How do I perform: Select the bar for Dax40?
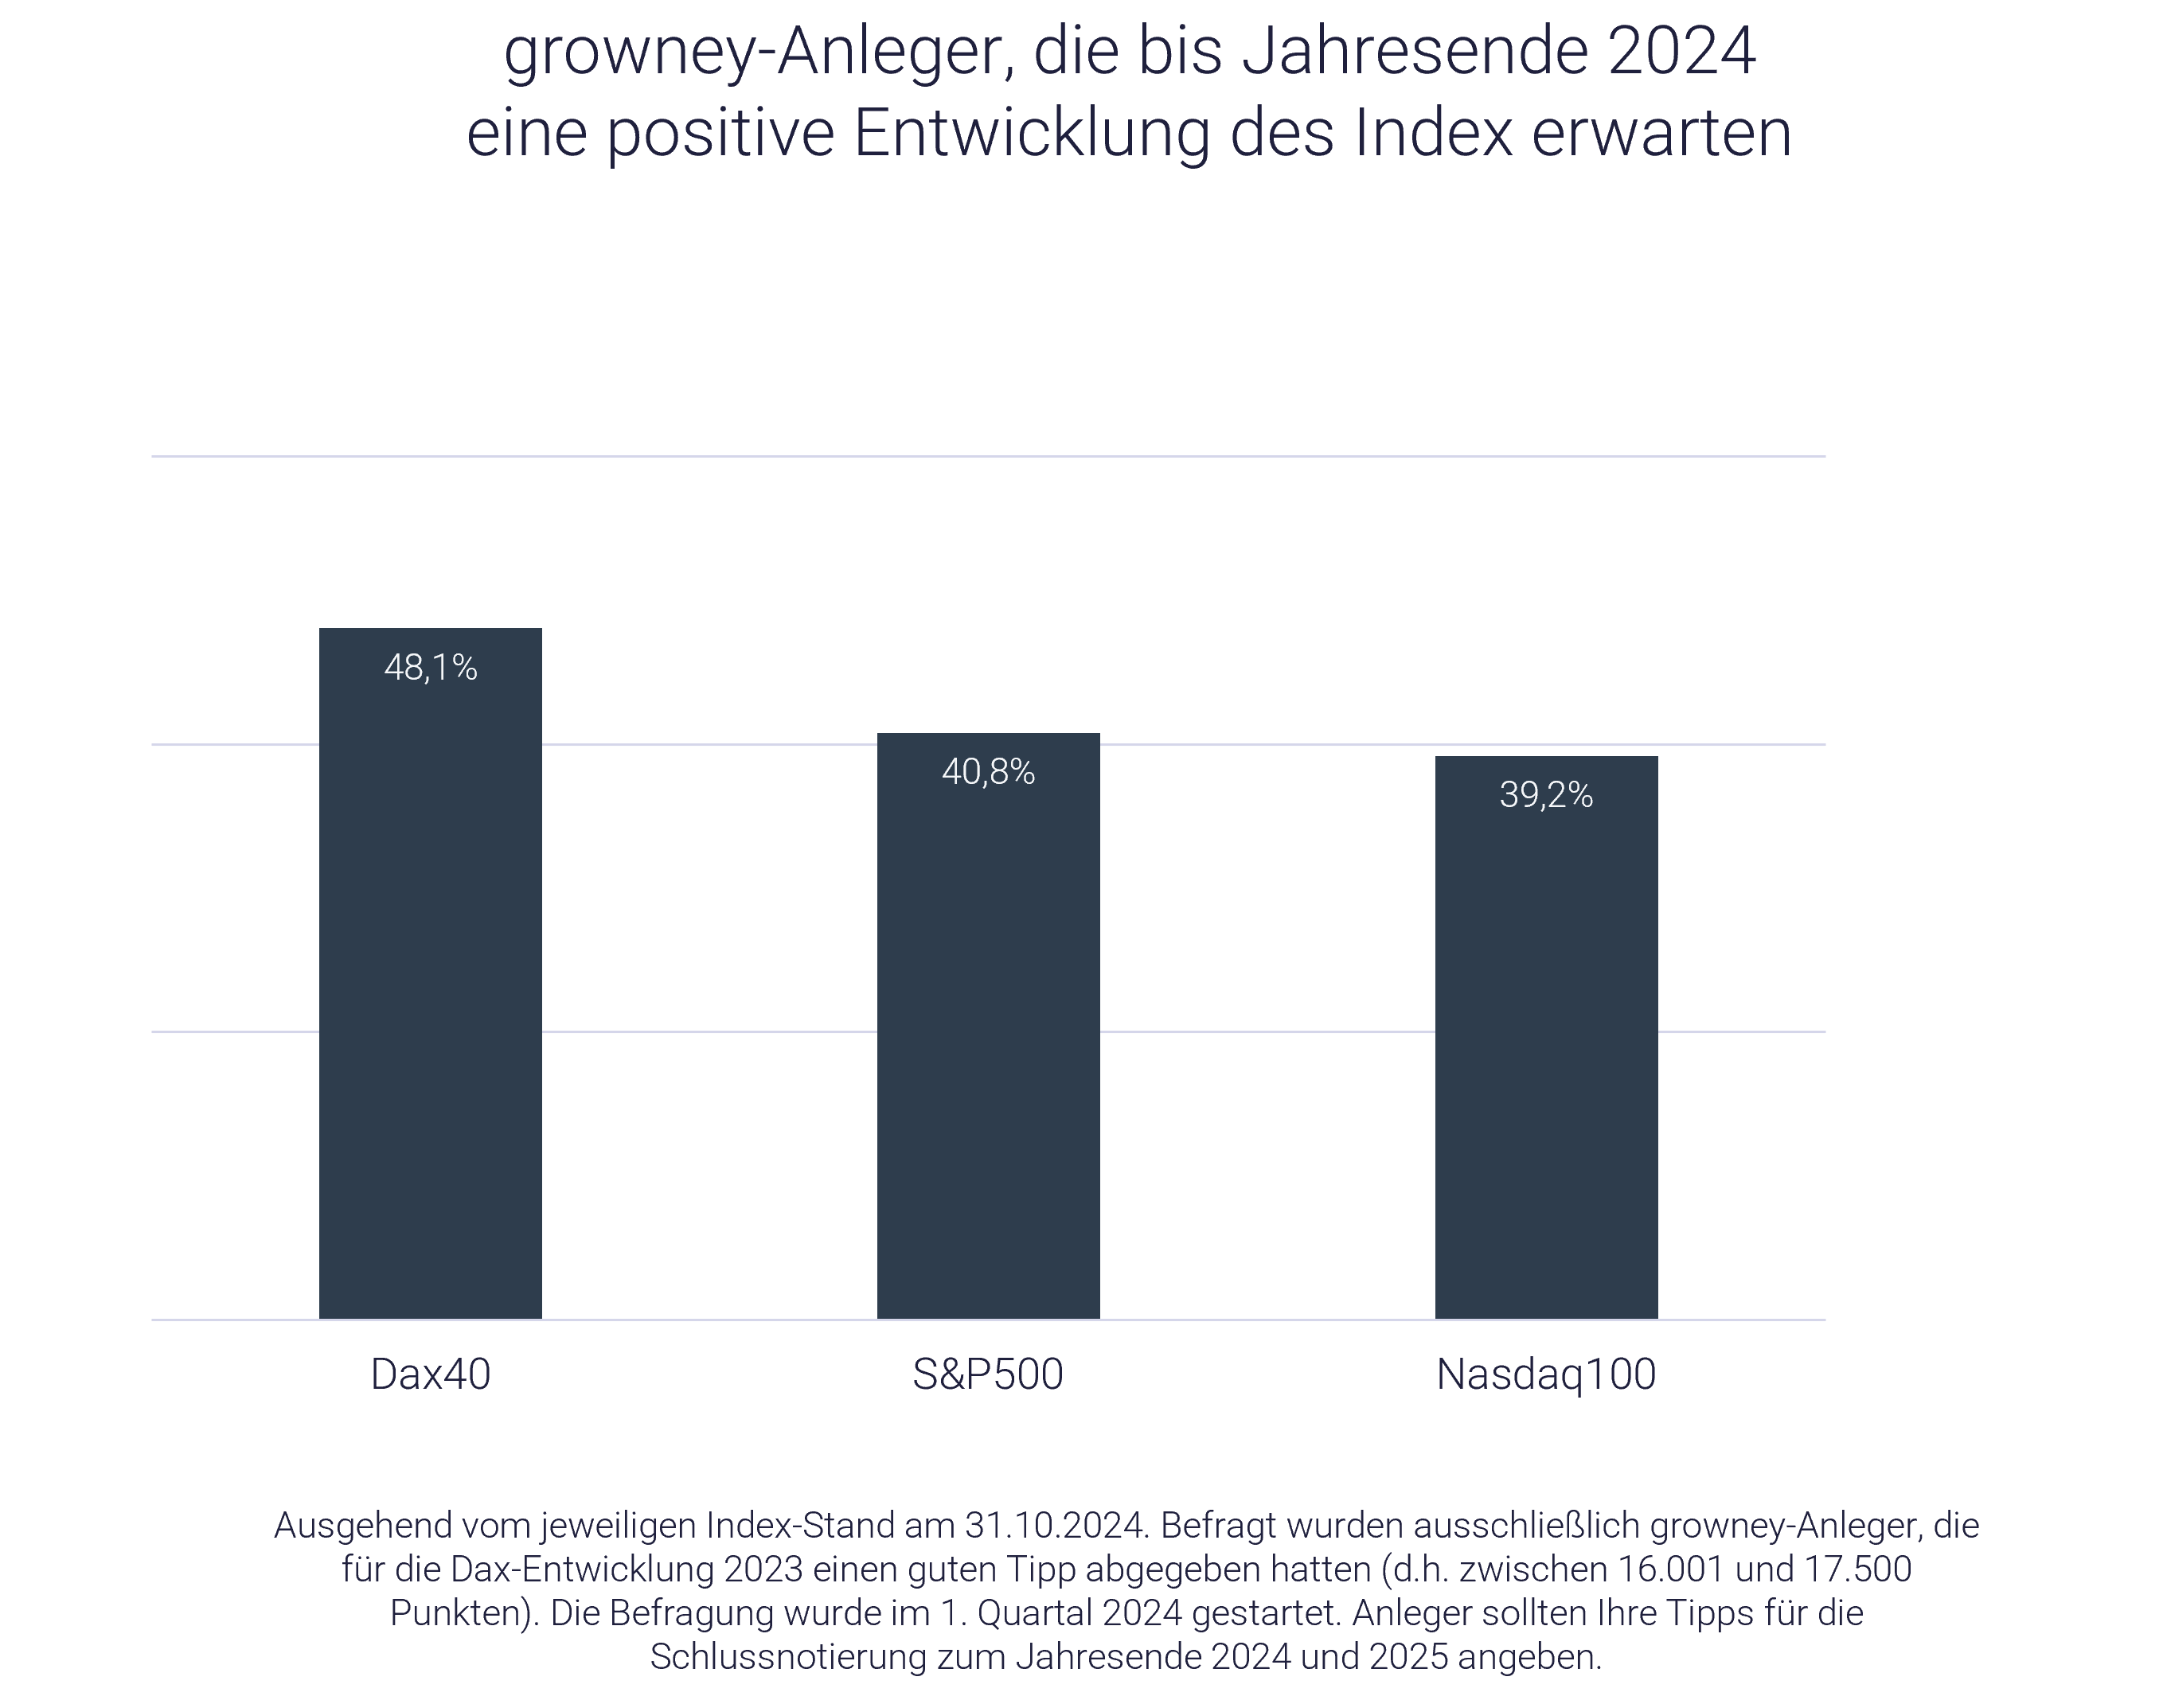430,996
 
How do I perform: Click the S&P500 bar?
987,1045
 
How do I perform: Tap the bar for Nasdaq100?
1546,1055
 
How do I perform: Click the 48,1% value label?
430,668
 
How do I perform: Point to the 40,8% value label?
987,772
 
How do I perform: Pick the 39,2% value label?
1546,795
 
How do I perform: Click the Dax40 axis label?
430,1374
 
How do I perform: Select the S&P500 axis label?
987,1374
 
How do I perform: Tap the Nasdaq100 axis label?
1546,1374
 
